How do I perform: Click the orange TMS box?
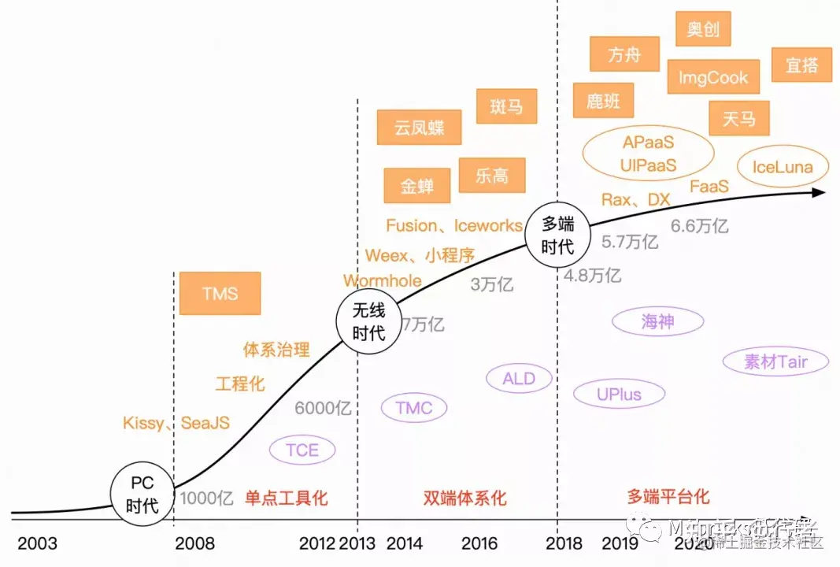coord(220,293)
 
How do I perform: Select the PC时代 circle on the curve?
coord(143,495)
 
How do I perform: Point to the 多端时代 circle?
coord(557,234)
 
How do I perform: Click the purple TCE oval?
coord(302,450)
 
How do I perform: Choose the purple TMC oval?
coord(414,407)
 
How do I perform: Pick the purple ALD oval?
coord(519,379)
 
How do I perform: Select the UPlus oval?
coord(619,394)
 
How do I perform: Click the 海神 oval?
coord(658,321)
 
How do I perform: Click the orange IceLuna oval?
coord(782,167)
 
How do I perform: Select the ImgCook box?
coord(713,77)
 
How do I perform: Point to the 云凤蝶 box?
coord(419,128)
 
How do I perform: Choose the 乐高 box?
coord(492,176)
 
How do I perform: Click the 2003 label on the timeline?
coord(38,543)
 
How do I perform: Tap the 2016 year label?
coord(479,543)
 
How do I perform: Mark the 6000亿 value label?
coord(323,408)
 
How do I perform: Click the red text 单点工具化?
coord(286,498)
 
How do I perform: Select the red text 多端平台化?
coord(668,496)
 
